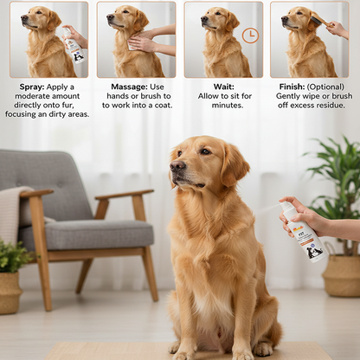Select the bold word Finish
tap(292, 87)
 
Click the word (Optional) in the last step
tap(328, 87)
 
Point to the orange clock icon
tap(250, 35)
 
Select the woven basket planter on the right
tap(342, 275)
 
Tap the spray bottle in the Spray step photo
tap(74, 47)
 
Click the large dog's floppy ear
tap(234, 164)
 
